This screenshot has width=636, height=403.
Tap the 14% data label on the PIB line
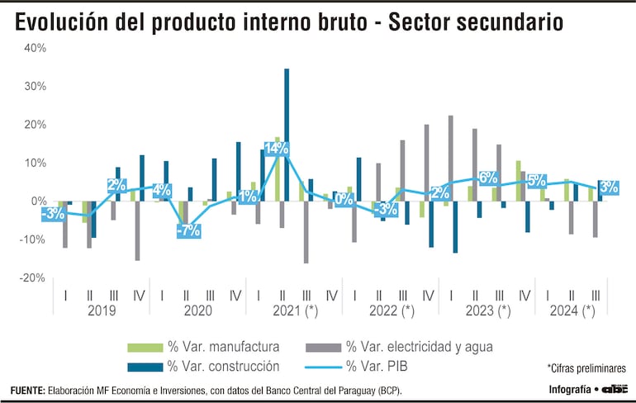[x=276, y=149]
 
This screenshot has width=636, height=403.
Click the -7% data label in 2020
[x=189, y=230]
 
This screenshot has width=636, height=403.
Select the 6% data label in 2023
[x=487, y=178]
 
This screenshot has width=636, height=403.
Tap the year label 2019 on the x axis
[x=101, y=311]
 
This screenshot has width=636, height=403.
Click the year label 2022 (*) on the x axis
[x=392, y=311]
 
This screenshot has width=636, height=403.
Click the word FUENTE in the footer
[x=27, y=390]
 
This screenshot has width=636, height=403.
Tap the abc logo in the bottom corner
[x=615, y=389]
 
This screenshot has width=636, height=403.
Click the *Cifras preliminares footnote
[x=586, y=367]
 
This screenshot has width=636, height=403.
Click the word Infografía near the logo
[x=570, y=390]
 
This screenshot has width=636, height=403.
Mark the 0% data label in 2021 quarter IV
[x=344, y=199]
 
